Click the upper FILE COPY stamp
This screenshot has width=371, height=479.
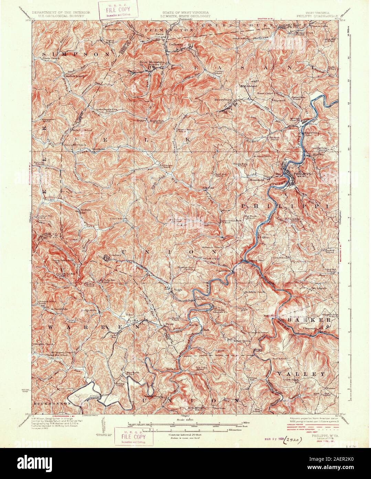coord(115,10)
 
